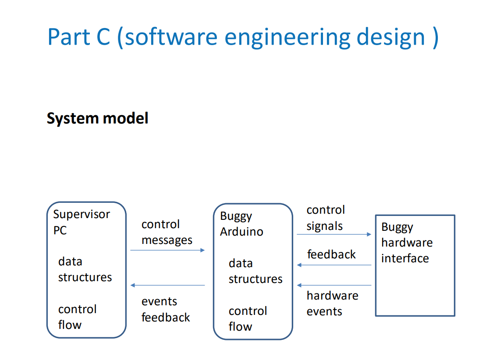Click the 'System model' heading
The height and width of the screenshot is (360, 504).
97,118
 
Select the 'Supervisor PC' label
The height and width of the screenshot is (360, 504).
81,222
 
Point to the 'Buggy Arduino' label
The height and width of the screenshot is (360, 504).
241,224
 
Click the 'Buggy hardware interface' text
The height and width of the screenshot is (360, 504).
406,243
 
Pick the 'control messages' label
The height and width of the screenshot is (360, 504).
167,232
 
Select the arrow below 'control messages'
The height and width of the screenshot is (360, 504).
167,250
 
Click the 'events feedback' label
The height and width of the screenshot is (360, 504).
166,309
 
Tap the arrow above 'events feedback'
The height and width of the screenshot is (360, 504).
167,286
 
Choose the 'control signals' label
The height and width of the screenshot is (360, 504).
326,218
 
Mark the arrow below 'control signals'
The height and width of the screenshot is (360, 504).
334,234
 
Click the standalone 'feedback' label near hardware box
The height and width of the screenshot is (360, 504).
331,254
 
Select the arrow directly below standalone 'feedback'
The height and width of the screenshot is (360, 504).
334,265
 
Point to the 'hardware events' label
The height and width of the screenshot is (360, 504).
332,304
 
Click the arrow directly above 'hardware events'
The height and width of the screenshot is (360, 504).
334,286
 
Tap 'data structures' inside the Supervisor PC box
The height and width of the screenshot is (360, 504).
85,269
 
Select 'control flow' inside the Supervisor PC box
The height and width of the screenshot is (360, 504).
77,317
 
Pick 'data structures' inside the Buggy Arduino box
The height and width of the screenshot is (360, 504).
255,271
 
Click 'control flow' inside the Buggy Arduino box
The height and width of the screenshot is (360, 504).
248,318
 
